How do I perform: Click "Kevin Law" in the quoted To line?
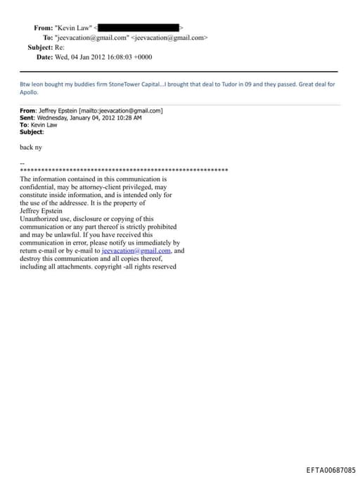pos(44,125)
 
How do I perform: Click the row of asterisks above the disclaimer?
pos(124,171)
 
